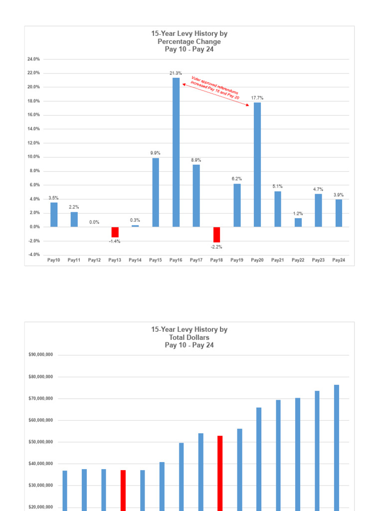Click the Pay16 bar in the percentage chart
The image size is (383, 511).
176,152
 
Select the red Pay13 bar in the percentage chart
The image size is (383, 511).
115,232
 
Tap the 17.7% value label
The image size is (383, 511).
257,98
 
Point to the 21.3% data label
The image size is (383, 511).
176,73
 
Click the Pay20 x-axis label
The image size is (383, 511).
257,260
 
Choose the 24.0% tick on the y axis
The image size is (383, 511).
34,59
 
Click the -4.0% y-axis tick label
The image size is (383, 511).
34,255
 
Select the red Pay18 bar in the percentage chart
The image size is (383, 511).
216,235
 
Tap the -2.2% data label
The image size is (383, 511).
216,247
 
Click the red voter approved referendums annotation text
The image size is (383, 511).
215,87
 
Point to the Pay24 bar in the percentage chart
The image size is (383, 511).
339,213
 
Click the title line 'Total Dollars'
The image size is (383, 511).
190,337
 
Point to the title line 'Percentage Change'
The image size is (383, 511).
190,41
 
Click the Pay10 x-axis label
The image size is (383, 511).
54,260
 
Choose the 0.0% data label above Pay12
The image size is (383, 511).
94,222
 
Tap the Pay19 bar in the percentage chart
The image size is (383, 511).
237,205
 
